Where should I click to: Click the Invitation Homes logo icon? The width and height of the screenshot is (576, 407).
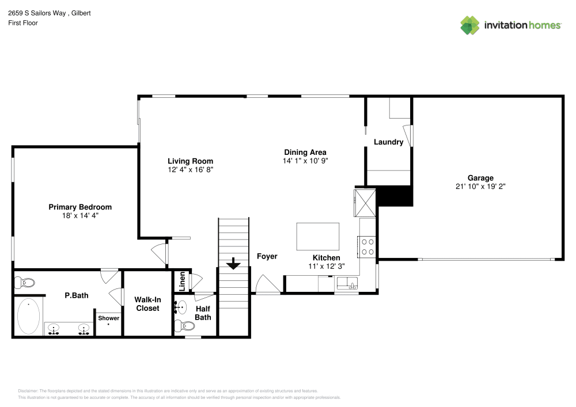pyautogui.click(x=469, y=25)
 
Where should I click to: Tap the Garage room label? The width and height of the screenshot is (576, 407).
pyautogui.click(x=480, y=178)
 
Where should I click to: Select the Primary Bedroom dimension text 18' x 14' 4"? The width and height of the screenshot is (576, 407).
pyautogui.click(x=80, y=215)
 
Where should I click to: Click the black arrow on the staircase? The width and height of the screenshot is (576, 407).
pyautogui.click(x=233, y=264)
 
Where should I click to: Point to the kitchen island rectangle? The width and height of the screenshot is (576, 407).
pyautogui.click(x=317, y=237)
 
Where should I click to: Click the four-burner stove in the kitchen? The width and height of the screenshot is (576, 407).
pyautogui.click(x=367, y=246)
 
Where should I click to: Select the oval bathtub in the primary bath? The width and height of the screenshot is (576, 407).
pyautogui.click(x=28, y=316)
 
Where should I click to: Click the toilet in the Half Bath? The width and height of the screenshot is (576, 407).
pyautogui.click(x=186, y=326)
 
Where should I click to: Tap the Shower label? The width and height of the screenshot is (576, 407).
pyautogui.click(x=108, y=318)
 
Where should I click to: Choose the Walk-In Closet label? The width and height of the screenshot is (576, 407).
pyautogui.click(x=147, y=304)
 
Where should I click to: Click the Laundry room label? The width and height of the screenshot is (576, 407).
pyautogui.click(x=388, y=142)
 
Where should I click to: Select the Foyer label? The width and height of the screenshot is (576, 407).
pyautogui.click(x=267, y=256)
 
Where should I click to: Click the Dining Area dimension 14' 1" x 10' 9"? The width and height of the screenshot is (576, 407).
pyautogui.click(x=305, y=161)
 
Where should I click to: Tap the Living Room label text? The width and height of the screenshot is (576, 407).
pyautogui.click(x=190, y=161)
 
